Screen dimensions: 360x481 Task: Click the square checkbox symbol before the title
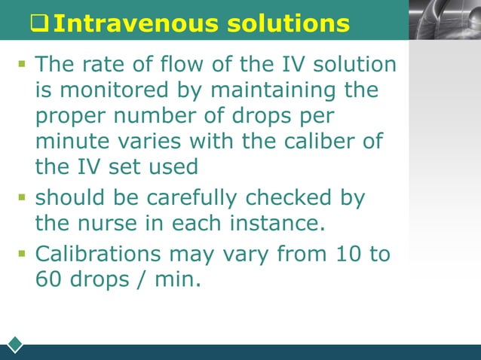coord(39,24)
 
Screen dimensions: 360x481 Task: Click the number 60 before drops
coord(51,278)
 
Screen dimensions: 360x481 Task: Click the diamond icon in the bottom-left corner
coord(14,344)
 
